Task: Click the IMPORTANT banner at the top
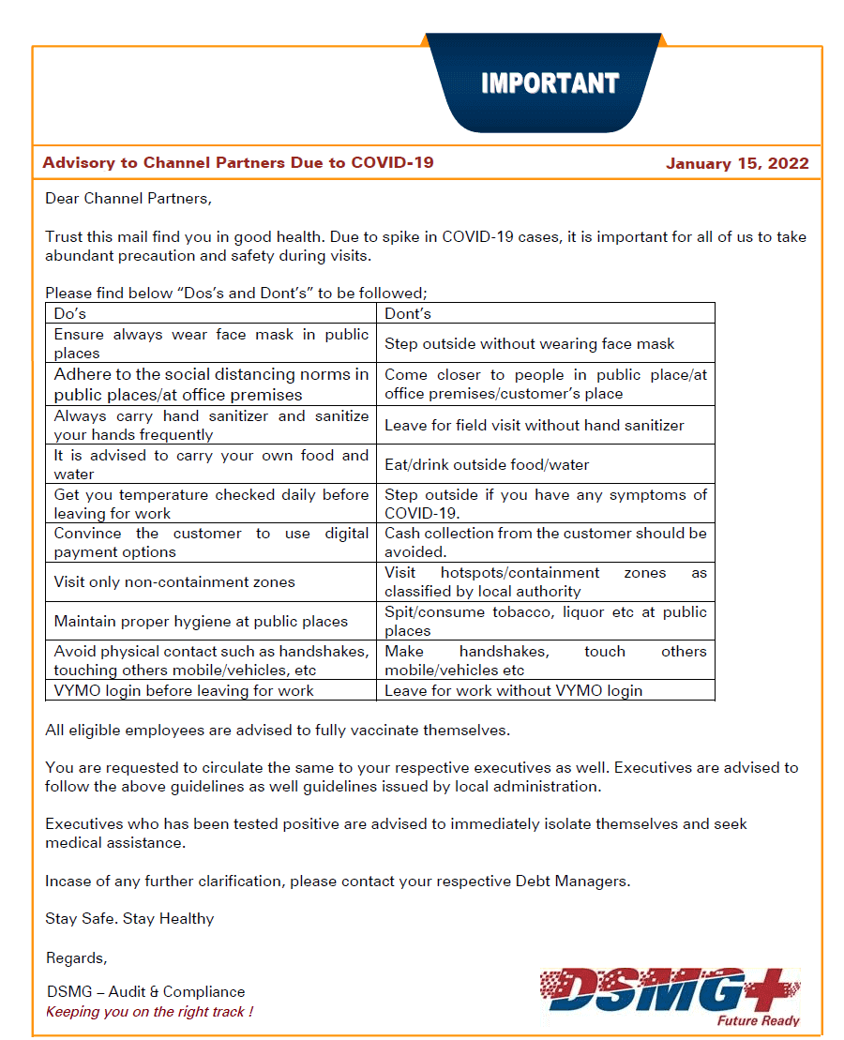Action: tap(549, 84)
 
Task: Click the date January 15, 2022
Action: tap(737, 163)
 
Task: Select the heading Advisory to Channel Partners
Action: tap(238, 162)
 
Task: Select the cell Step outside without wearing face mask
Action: tap(529, 343)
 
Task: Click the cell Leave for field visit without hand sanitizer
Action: tap(534, 425)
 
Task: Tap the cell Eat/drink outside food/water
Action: tap(487, 464)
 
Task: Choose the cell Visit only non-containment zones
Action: tap(174, 581)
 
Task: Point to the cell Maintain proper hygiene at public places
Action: tap(201, 621)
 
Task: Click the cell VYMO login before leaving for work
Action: tap(184, 690)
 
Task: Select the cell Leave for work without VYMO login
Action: tap(513, 690)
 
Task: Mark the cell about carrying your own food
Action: tap(211, 464)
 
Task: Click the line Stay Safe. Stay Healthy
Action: tap(129, 918)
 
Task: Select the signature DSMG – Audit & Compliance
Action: tap(145, 991)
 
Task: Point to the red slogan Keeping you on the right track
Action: tap(149, 1011)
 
